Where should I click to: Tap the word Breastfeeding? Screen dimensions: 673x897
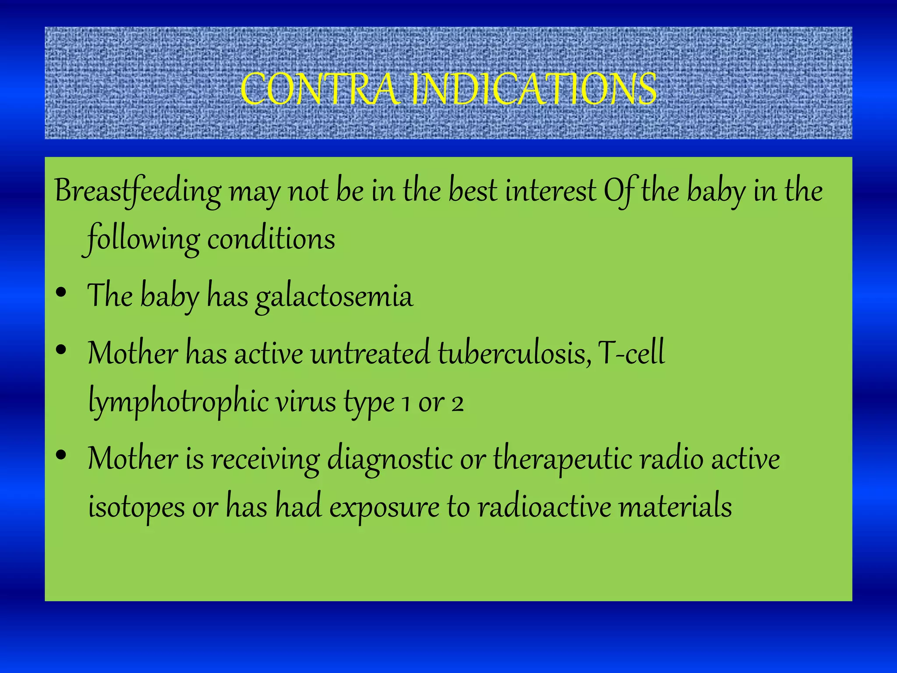pyautogui.click(x=138, y=191)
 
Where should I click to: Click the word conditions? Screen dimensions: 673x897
pyautogui.click(x=271, y=240)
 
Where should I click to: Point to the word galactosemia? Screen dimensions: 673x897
pyautogui.click(x=334, y=297)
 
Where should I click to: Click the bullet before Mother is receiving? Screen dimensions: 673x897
pyautogui.click(x=61, y=455)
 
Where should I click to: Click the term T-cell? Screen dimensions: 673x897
pyautogui.click(x=631, y=354)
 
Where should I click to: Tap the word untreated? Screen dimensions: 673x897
pyautogui.click(x=370, y=354)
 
